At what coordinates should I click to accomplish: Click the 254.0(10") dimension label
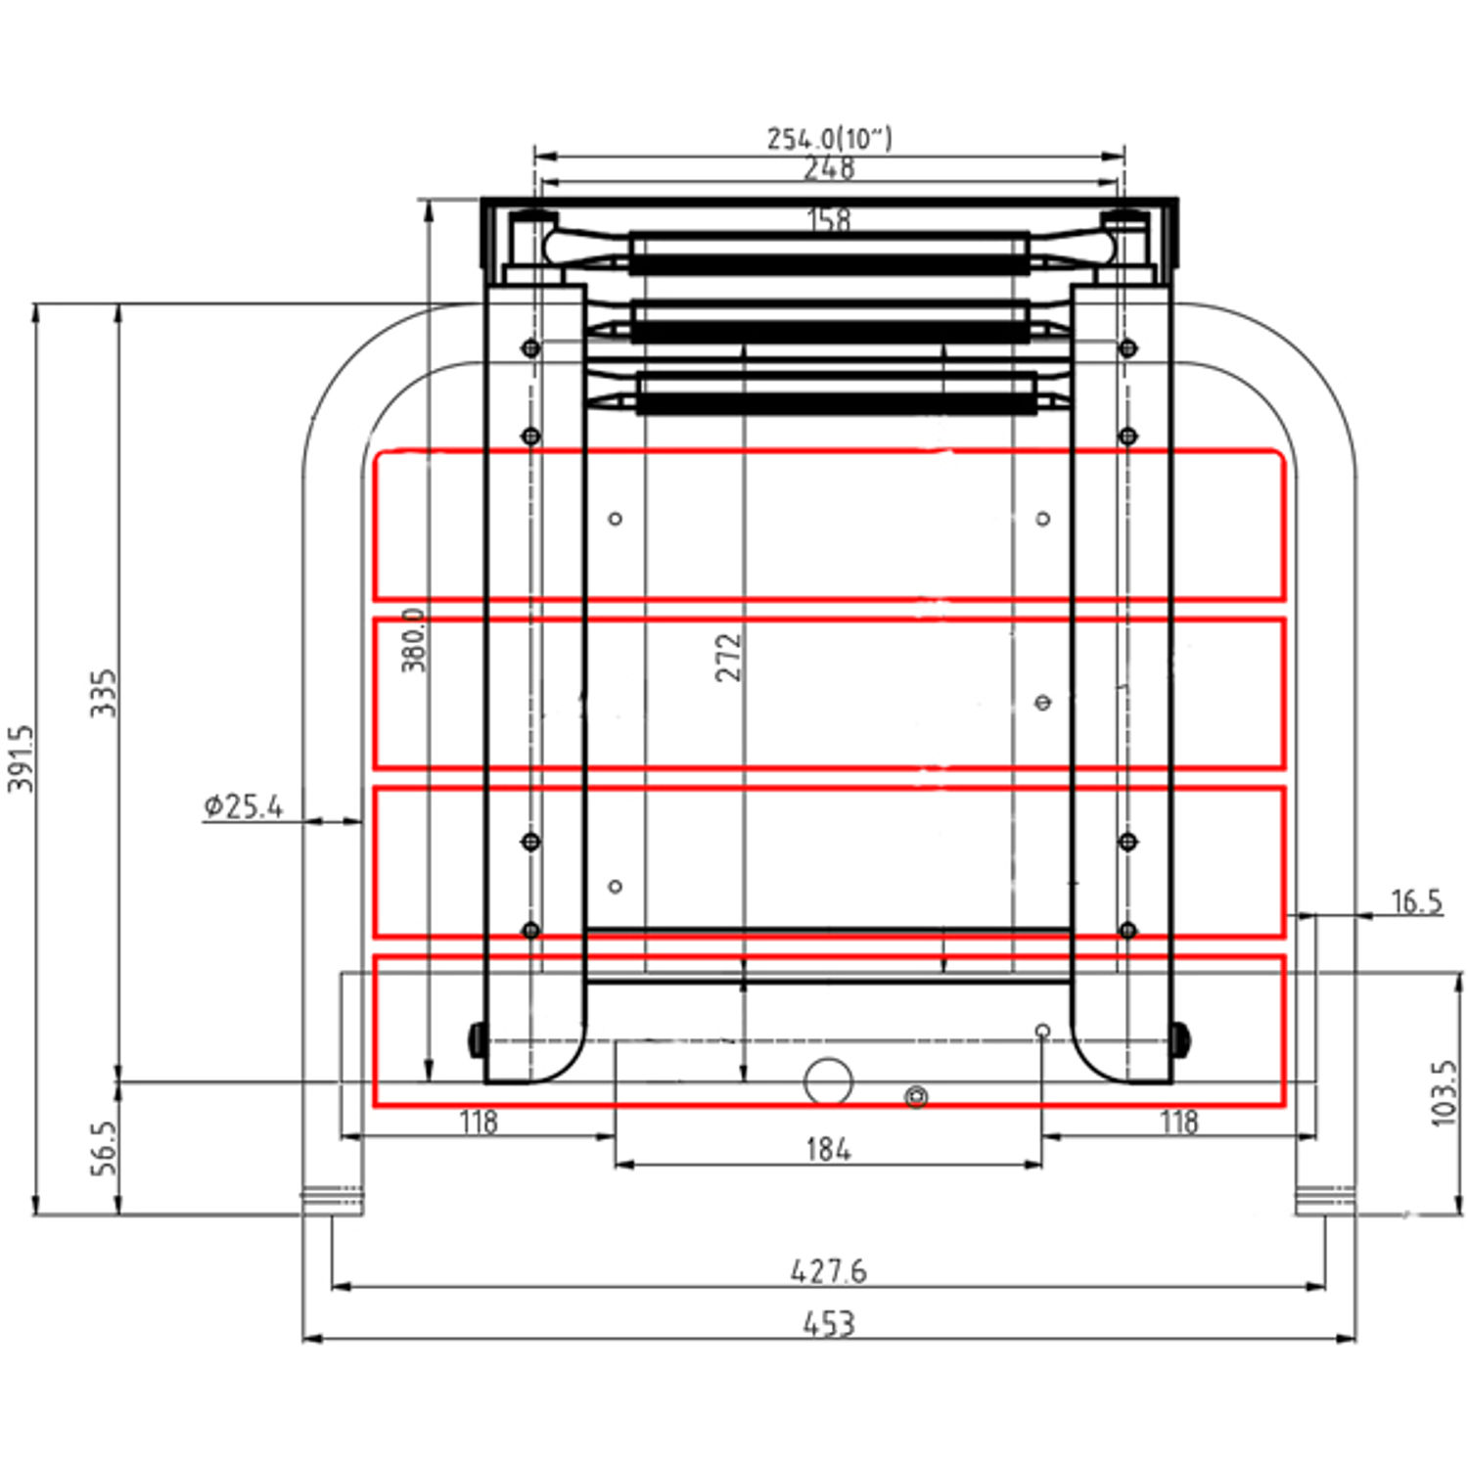coord(829,138)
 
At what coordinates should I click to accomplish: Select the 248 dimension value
coord(829,168)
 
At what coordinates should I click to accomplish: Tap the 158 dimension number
coord(829,219)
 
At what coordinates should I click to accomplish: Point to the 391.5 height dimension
coord(22,758)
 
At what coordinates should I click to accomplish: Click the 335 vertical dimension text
coord(104,693)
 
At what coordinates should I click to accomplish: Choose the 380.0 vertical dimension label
coord(414,640)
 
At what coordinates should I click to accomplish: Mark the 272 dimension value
coord(728,657)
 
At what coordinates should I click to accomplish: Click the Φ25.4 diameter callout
coord(244,806)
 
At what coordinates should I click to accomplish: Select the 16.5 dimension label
coord(1416,901)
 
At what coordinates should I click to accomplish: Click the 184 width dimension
coord(828,1148)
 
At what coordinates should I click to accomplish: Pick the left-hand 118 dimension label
coord(479,1122)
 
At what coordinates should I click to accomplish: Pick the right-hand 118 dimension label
coord(1178,1122)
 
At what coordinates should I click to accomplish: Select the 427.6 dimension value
coord(828,1270)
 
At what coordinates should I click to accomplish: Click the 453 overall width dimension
coord(828,1323)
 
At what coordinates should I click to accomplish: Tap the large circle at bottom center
coord(828,1081)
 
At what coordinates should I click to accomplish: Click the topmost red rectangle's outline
coord(828,452)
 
